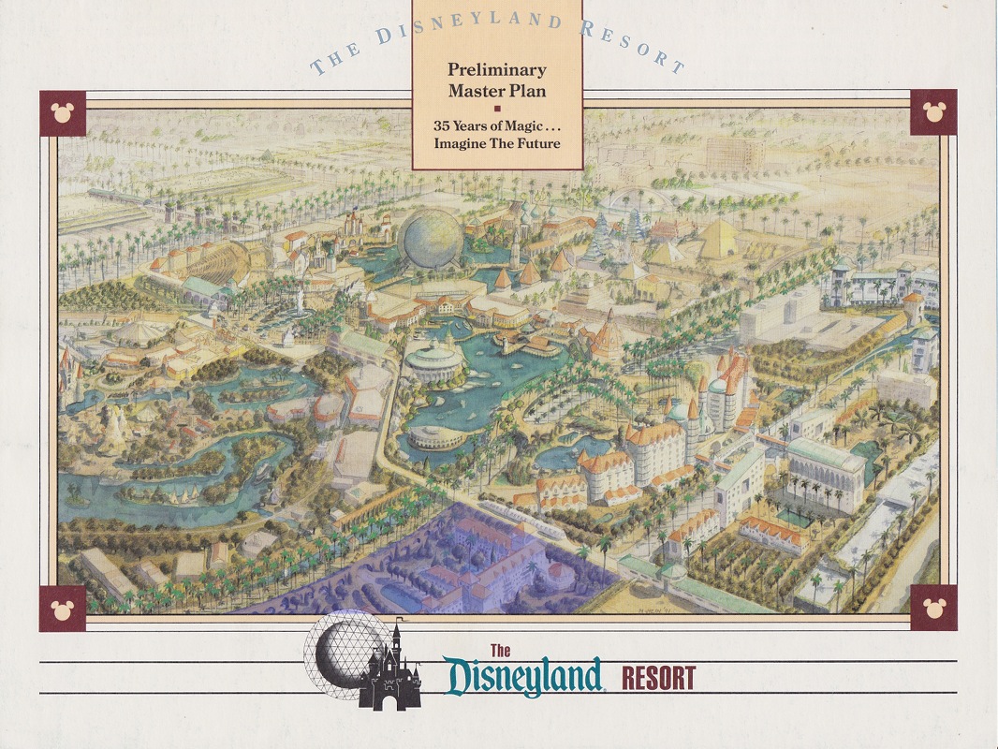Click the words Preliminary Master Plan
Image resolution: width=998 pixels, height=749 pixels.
click(x=496, y=80)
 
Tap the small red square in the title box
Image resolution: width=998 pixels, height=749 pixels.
click(x=497, y=107)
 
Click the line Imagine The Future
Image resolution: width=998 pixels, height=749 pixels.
click(x=496, y=143)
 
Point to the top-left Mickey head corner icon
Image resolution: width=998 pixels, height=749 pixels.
click(x=63, y=113)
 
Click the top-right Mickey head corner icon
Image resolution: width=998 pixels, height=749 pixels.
click(x=932, y=112)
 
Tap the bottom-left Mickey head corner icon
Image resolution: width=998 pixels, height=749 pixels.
click(x=63, y=609)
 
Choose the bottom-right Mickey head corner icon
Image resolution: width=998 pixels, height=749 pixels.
click(x=932, y=608)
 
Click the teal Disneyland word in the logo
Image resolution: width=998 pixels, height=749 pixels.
click(x=523, y=676)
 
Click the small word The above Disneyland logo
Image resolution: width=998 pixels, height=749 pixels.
click(x=500, y=651)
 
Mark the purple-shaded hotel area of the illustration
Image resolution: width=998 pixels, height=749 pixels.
click(x=440, y=566)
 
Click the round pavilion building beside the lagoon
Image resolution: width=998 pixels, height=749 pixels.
click(x=434, y=359)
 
